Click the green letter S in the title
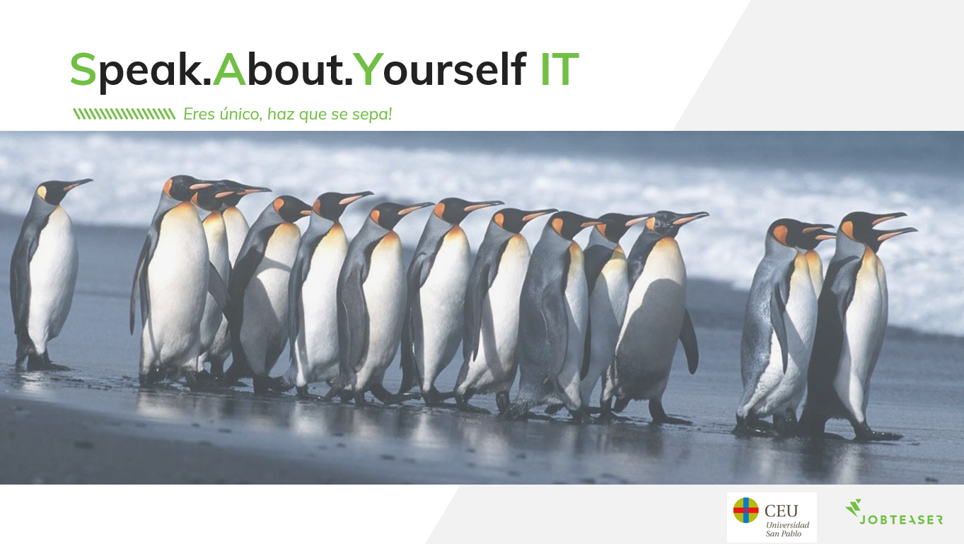pyautogui.click(x=83, y=69)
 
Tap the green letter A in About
pyautogui.click(x=229, y=69)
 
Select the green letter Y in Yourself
pyautogui.click(x=368, y=69)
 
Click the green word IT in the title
pyautogui.click(x=559, y=69)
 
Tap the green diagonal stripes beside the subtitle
pyautogui.click(x=124, y=114)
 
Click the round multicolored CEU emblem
pyautogui.click(x=745, y=510)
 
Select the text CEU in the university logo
pyautogui.click(x=781, y=511)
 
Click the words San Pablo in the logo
pyautogui.click(x=783, y=533)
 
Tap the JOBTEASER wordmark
pyautogui.click(x=901, y=520)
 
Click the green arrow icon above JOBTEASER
pyautogui.click(x=854, y=508)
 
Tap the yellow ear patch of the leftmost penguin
pyautogui.click(x=42, y=192)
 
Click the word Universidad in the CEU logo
pyautogui.click(x=788, y=525)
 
